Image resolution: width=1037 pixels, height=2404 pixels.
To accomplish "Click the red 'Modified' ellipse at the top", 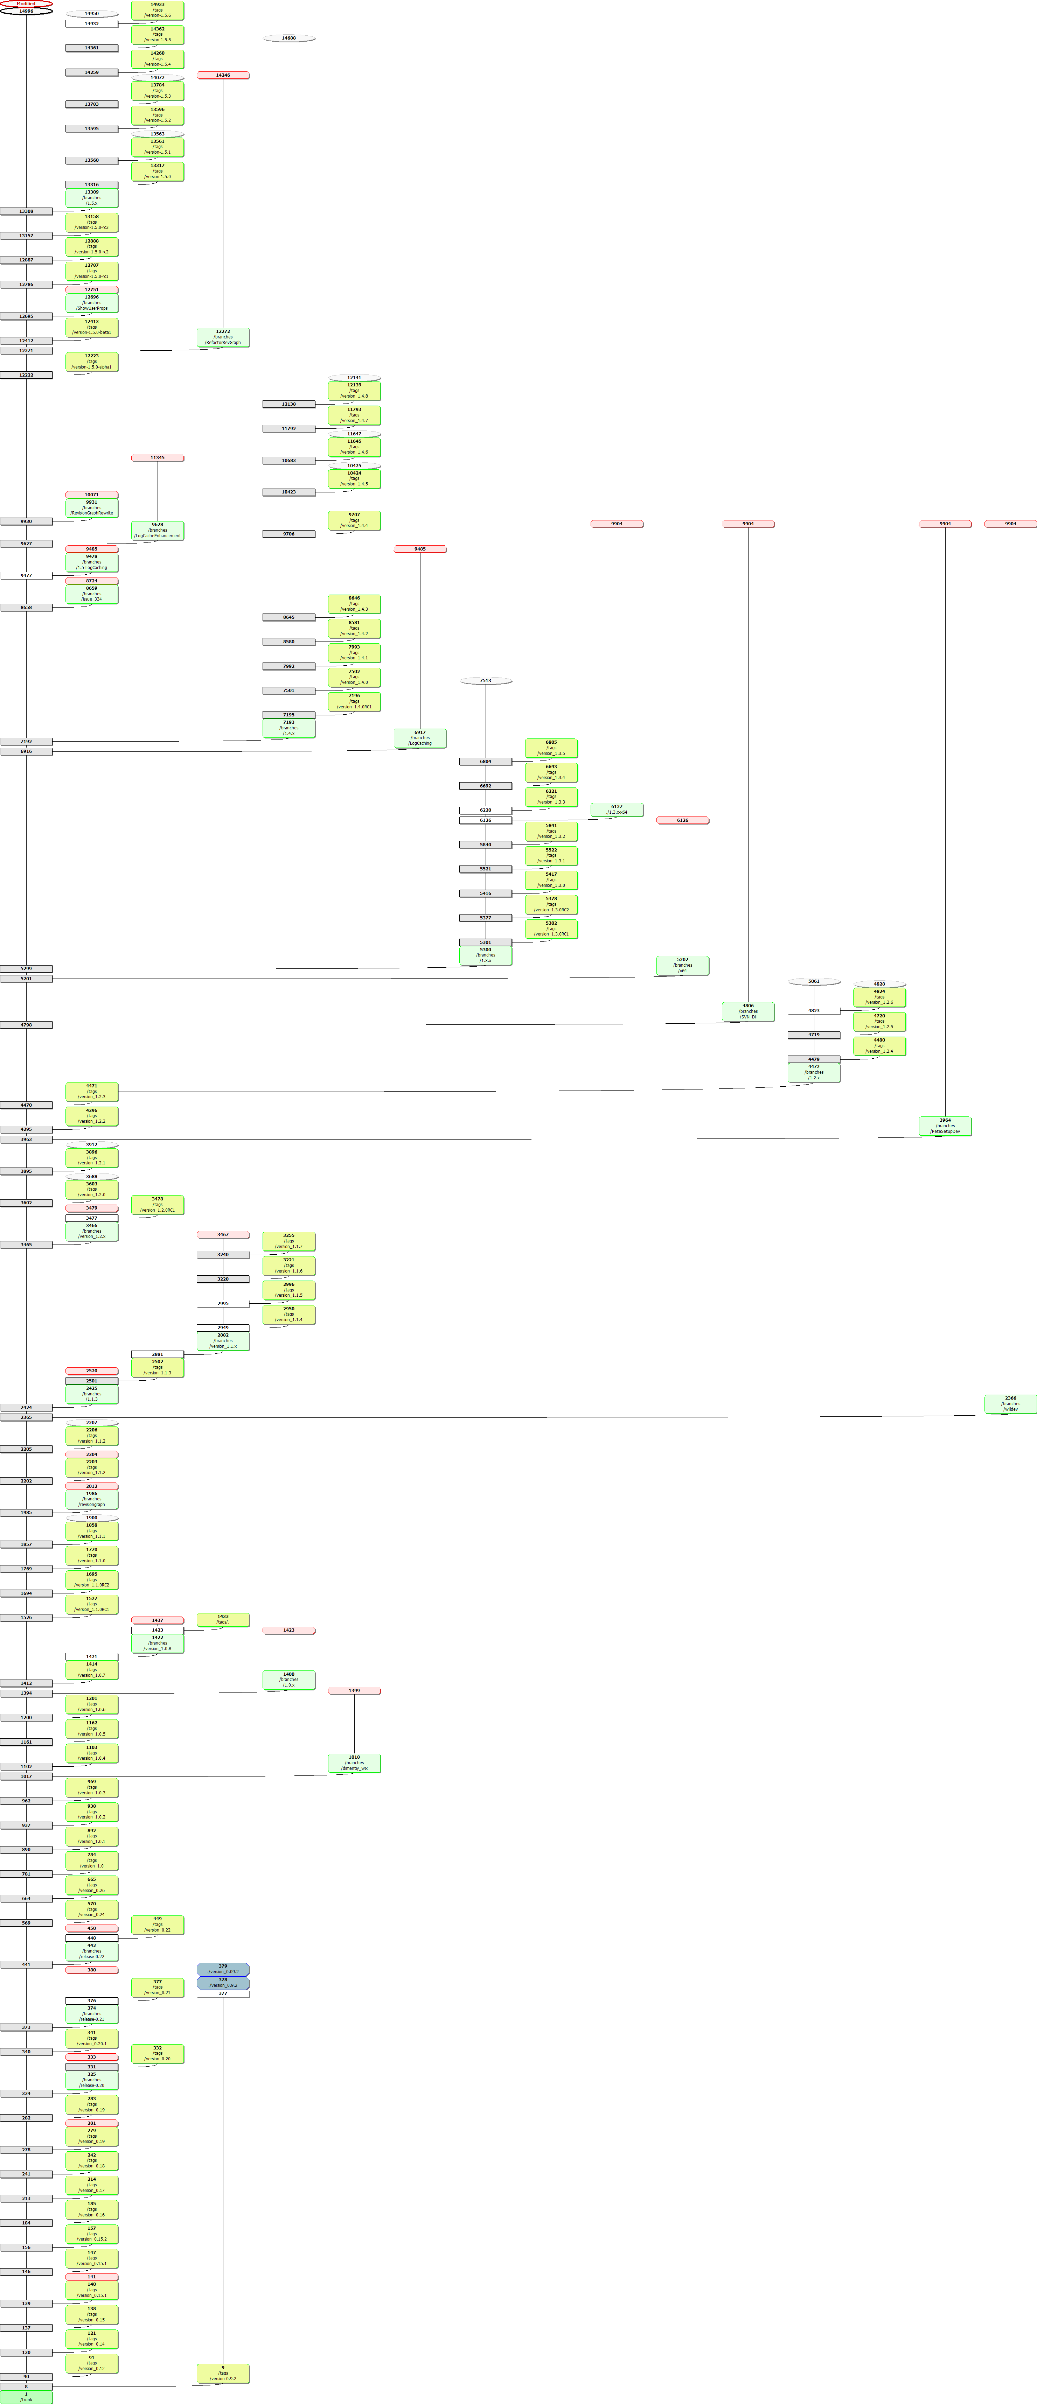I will click(26, 4).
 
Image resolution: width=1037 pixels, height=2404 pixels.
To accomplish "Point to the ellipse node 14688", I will click(288, 38).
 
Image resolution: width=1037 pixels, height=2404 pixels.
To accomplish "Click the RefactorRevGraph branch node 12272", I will click(223, 337).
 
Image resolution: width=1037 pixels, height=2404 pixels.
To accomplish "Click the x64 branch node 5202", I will click(682, 965).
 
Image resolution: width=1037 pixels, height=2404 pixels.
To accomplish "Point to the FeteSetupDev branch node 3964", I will click(945, 1126).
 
